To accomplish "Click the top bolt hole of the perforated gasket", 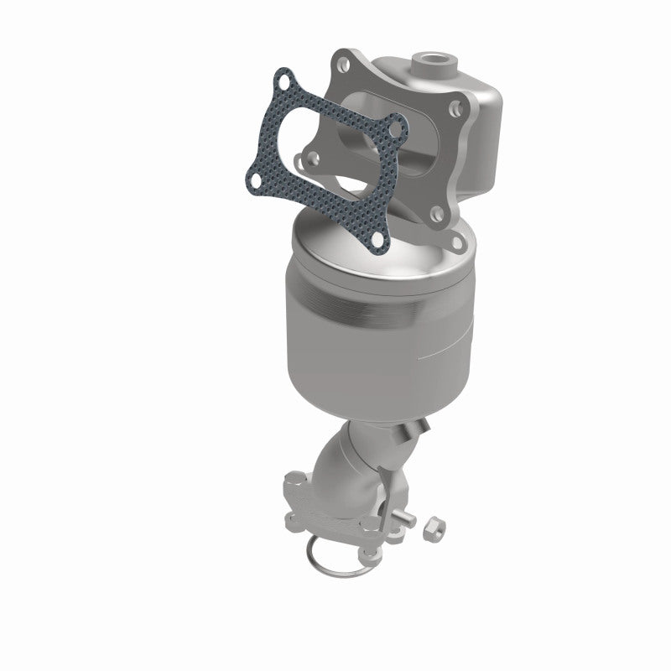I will pyautogui.click(x=286, y=82).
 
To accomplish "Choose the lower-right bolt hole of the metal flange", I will pyautogui.click(x=456, y=242).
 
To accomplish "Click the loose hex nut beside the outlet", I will pyautogui.click(x=435, y=529).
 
